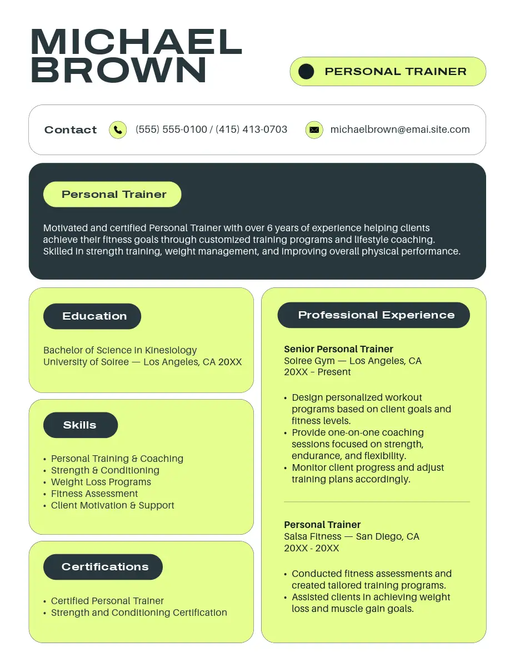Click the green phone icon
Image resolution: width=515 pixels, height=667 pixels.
pyautogui.click(x=118, y=130)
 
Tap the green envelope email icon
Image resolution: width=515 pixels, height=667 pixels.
pyautogui.click(x=314, y=130)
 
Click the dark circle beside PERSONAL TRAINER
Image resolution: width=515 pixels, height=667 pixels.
pyautogui.click(x=306, y=71)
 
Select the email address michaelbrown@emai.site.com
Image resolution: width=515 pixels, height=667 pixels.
pyautogui.click(x=400, y=130)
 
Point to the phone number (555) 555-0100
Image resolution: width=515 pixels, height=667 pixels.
pyautogui.click(x=171, y=130)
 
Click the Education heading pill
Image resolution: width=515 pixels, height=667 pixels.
pyautogui.click(x=92, y=316)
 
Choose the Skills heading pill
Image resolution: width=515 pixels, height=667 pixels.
pyautogui.click(x=81, y=425)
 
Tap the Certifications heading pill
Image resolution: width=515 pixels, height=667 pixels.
pyautogui.click(x=103, y=567)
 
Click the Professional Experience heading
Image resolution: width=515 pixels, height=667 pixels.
pyautogui.click(x=374, y=315)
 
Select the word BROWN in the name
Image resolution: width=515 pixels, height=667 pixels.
pyautogui.click(x=119, y=71)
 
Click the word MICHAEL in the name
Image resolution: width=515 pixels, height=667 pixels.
pyautogui.click(x=137, y=42)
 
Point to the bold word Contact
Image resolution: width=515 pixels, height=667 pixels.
pyautogui.click(x=71, y=130)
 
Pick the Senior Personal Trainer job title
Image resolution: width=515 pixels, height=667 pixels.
pyautogui.click(x=338, y=349)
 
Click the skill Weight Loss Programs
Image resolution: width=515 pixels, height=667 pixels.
pyautogui.click(x=101, y=482)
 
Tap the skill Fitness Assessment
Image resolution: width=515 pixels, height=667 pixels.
pyautogui.click(x=94, y=494)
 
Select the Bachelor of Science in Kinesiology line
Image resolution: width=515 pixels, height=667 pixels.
pyautogui.click(x=120, y=350)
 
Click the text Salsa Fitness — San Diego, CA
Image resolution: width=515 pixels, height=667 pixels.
pyautogui.click(x=352, y=536)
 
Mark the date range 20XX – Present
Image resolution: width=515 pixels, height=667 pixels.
pyautogui.click(x=317, y=372)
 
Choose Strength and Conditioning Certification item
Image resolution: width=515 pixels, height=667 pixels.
pyautogui.click(x=139, y=613)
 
